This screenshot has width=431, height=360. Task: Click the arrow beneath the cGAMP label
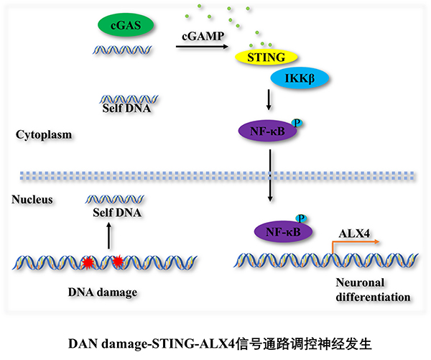tap(202, 48)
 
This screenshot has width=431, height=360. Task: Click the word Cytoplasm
tap(43, 135)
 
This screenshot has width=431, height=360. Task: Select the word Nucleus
tap(32, 199)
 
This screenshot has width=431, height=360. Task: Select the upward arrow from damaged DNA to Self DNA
tap(109, 237)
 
